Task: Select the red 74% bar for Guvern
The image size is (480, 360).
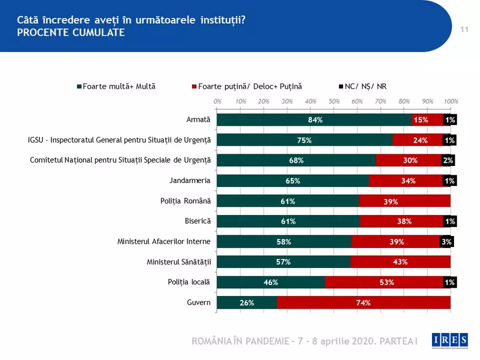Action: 363,303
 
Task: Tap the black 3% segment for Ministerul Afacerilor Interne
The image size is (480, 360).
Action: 446,242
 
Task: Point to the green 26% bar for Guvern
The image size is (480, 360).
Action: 247,303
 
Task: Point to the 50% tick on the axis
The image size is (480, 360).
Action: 334,101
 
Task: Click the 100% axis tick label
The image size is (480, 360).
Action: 451,101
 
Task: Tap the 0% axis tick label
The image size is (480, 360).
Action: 217,101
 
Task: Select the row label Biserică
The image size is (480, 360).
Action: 198,221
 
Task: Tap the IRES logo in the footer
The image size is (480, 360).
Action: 450,341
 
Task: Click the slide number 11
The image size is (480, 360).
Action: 464,29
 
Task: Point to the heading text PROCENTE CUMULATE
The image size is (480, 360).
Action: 71,33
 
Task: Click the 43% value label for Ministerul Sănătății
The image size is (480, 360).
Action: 400,262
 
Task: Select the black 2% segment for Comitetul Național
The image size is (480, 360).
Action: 447,160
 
